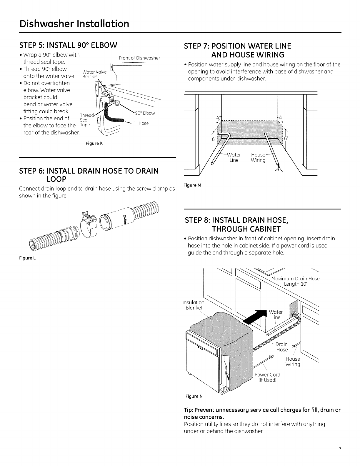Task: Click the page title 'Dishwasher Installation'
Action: (74, 23)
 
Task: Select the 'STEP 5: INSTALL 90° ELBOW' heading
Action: (68, 45)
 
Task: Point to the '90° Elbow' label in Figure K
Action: (144, 114)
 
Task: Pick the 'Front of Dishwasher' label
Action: (139, 58)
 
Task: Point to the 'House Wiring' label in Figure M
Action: (258, 158)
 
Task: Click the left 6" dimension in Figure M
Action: (214, 139)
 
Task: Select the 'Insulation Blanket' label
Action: (194, 305)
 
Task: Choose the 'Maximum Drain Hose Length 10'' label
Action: (295, 281)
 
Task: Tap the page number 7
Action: (340, 457)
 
